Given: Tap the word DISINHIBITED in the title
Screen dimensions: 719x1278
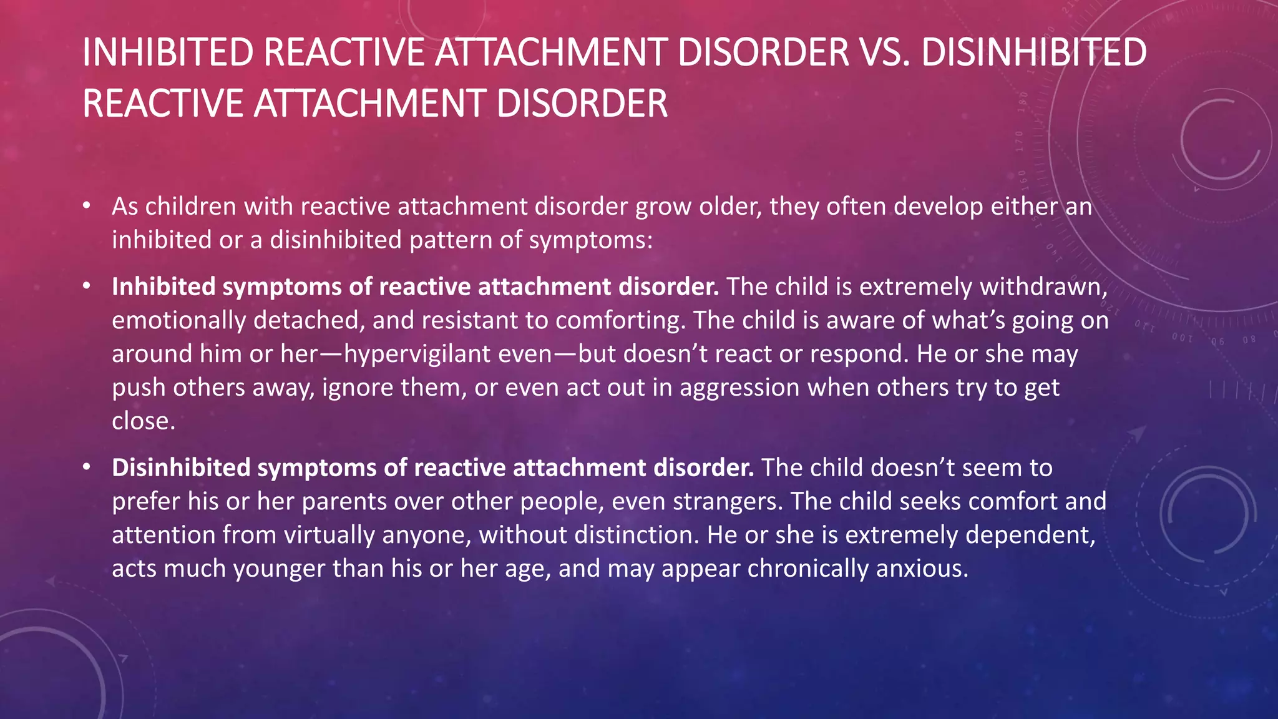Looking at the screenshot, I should [x=1033, y=52].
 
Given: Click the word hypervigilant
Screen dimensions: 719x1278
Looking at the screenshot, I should [x=448, y=354].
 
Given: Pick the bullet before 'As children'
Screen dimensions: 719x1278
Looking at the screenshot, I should [x=87, y=205].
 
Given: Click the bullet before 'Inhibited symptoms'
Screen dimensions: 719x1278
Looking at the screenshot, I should [x=87, y=286].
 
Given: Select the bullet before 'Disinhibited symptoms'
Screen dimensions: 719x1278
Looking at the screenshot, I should [x=87, y=467].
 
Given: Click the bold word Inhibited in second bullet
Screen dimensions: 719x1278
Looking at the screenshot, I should [x=163, y=286].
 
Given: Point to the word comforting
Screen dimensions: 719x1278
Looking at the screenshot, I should [x=620, y=320].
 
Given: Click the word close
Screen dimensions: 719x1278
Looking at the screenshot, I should [x=143, y=421].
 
